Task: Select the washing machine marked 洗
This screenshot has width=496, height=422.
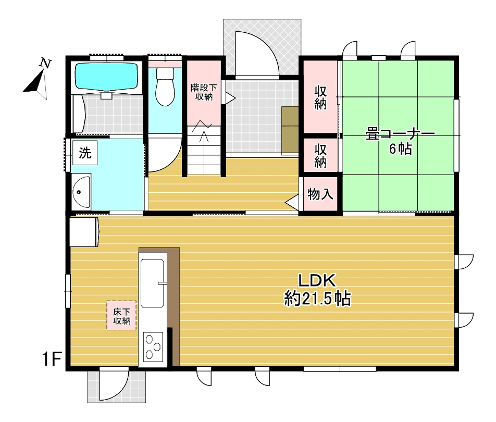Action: point(85,153)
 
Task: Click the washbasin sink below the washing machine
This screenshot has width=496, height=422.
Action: point(81,192)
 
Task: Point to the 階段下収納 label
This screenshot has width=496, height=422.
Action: point(204,92)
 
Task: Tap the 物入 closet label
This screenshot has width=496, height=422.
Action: point(320,194)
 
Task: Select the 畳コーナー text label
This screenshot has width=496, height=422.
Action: point(400,134)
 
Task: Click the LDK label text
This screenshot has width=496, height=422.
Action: point(317,281)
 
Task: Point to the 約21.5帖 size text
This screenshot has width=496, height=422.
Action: point(317,299)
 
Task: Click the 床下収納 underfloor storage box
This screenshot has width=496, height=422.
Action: point(121,316)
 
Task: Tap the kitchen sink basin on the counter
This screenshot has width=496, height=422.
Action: point(152,283)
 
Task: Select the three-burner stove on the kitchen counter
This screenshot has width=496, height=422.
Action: point(153,346)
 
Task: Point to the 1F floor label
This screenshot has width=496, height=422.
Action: point(52,359)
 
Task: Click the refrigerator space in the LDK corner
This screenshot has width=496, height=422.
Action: point(84,231)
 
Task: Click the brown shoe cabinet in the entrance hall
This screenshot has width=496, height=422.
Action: point(290,130)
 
